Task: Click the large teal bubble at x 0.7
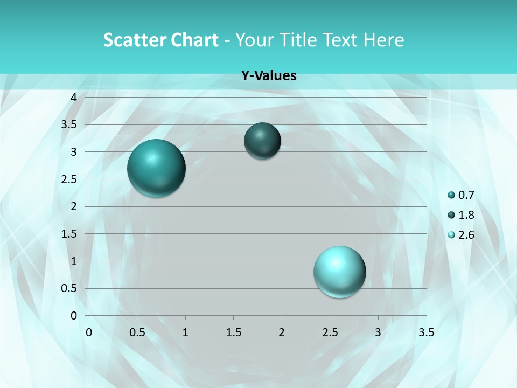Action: coord(156,168)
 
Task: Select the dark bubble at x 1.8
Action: coord(262,141)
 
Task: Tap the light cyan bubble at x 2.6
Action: coord(339,272)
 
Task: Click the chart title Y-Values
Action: coord(269,76)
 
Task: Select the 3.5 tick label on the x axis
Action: coord(426,332)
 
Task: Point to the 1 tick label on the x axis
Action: coord(185,332)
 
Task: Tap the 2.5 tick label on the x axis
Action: coord(330,332)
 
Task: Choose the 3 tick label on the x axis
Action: coord(378,332)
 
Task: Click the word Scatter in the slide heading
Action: coord(131,40)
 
